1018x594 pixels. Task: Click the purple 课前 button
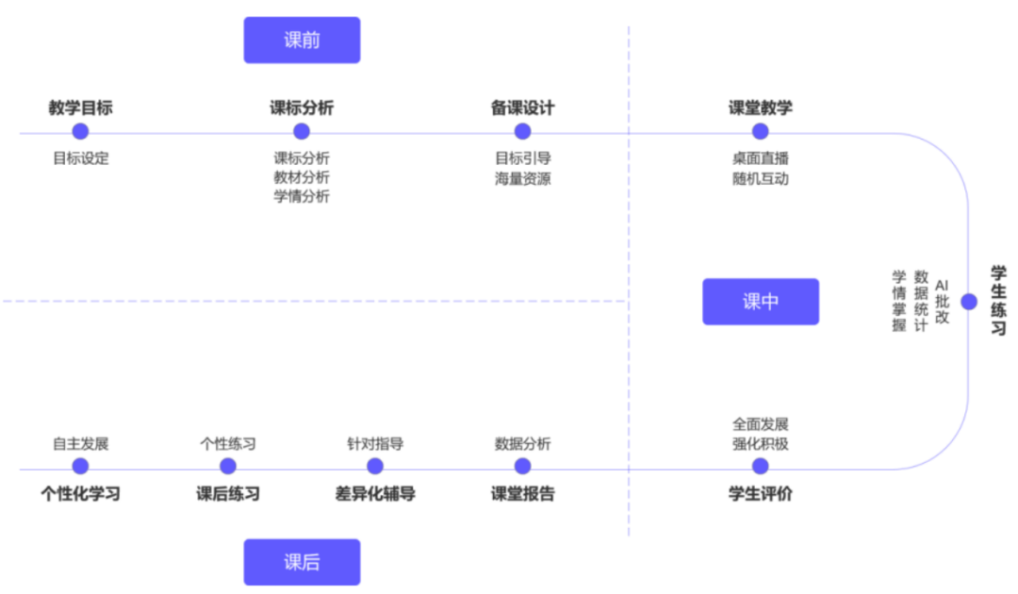302,41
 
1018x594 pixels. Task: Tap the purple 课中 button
760,302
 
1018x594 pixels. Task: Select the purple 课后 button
302,562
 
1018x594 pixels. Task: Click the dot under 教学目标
80,132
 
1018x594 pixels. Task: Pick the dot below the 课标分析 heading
302,132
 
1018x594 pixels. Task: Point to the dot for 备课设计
522,132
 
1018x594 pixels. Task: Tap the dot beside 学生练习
968,302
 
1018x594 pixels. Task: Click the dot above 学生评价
760,466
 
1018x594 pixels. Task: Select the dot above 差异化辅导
375,466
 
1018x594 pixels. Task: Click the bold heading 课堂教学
760,107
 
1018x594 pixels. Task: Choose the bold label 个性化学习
80,493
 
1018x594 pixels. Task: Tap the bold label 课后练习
228,493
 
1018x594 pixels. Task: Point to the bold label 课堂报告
522,493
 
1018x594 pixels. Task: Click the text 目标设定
80,158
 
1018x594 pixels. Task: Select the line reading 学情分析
302,196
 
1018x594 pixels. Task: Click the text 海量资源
522,177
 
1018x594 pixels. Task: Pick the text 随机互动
760,177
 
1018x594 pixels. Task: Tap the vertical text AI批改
942,302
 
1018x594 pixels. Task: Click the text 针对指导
375,443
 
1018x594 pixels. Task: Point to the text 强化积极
760,443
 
